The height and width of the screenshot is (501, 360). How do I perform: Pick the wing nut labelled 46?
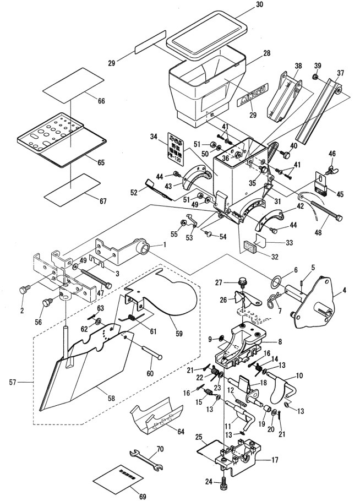point(332,168)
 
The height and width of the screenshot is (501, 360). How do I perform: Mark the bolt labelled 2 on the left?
point(24,290)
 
